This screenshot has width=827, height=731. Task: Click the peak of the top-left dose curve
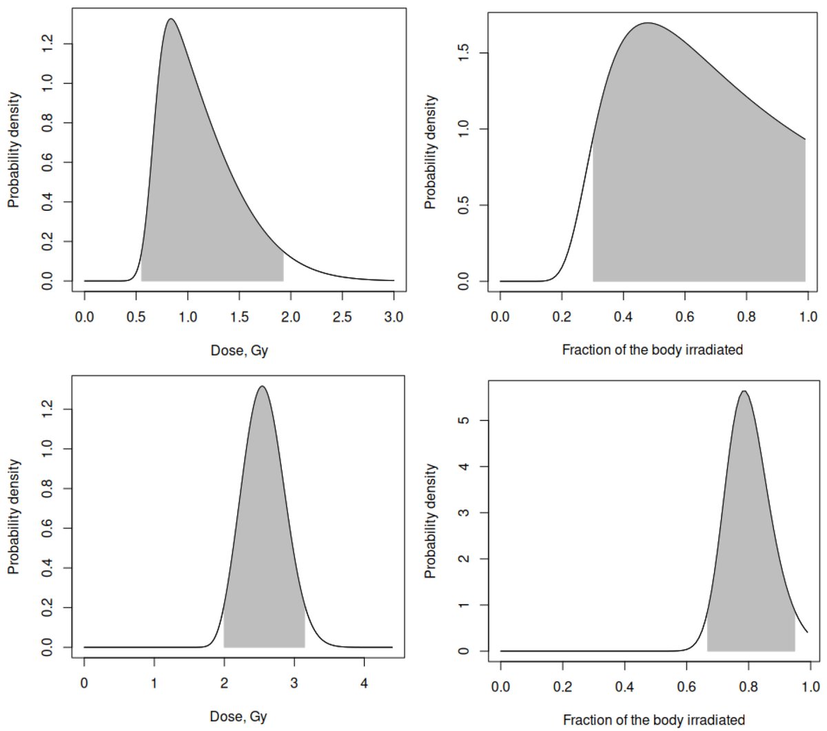(x=170, y=19)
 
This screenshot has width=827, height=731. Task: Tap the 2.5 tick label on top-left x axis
(x=342, y=317)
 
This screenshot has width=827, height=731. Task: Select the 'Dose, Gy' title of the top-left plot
(x=239, y=351)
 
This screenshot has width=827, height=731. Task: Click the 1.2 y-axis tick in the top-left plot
(x=47, y=45)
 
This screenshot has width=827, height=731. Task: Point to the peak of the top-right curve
(x=647, y=23)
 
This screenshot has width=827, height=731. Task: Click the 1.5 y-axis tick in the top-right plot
(x=463, y=53)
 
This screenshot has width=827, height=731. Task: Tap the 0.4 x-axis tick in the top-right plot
(x=623, y=317)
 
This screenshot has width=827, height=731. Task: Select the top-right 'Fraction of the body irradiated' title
(x=652, y=349)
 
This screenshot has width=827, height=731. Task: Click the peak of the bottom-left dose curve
(x=262, y=387)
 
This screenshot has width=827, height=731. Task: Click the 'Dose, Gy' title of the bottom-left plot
(x=238, y=717)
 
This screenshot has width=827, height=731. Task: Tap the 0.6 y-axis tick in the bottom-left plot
(x=47, y=528)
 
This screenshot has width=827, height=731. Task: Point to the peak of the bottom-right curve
(x=744, y=391)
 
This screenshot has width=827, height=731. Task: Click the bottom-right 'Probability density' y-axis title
(x=431, y=521)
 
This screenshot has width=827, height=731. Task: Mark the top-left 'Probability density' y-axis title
(x=14, y=150)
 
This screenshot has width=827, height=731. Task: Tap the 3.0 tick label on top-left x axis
(x=394, y=317)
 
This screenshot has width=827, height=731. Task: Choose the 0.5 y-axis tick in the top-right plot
(x=463, y=205)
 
